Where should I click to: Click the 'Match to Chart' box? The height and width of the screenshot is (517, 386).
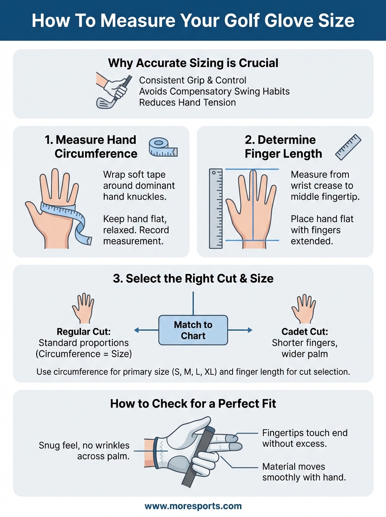pos(193,330)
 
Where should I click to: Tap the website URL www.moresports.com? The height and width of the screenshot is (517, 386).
pos(193,506)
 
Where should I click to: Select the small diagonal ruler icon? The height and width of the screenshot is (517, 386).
pos(348,147)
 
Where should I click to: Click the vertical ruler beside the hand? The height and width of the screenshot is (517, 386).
pos(216,209)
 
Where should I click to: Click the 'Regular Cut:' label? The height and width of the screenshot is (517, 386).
pos(84,332)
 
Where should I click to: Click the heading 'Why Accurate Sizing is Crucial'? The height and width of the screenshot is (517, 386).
pos(193,63)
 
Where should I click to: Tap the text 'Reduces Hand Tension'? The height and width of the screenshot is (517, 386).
pos(187,103)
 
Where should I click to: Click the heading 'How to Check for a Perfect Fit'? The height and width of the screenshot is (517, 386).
pos(193,404)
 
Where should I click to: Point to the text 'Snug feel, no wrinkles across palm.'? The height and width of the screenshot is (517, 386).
pos(84,451)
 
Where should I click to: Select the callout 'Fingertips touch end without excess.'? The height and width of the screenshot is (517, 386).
pos(305,438)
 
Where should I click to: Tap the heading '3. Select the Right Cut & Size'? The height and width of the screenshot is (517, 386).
pos(193,278)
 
